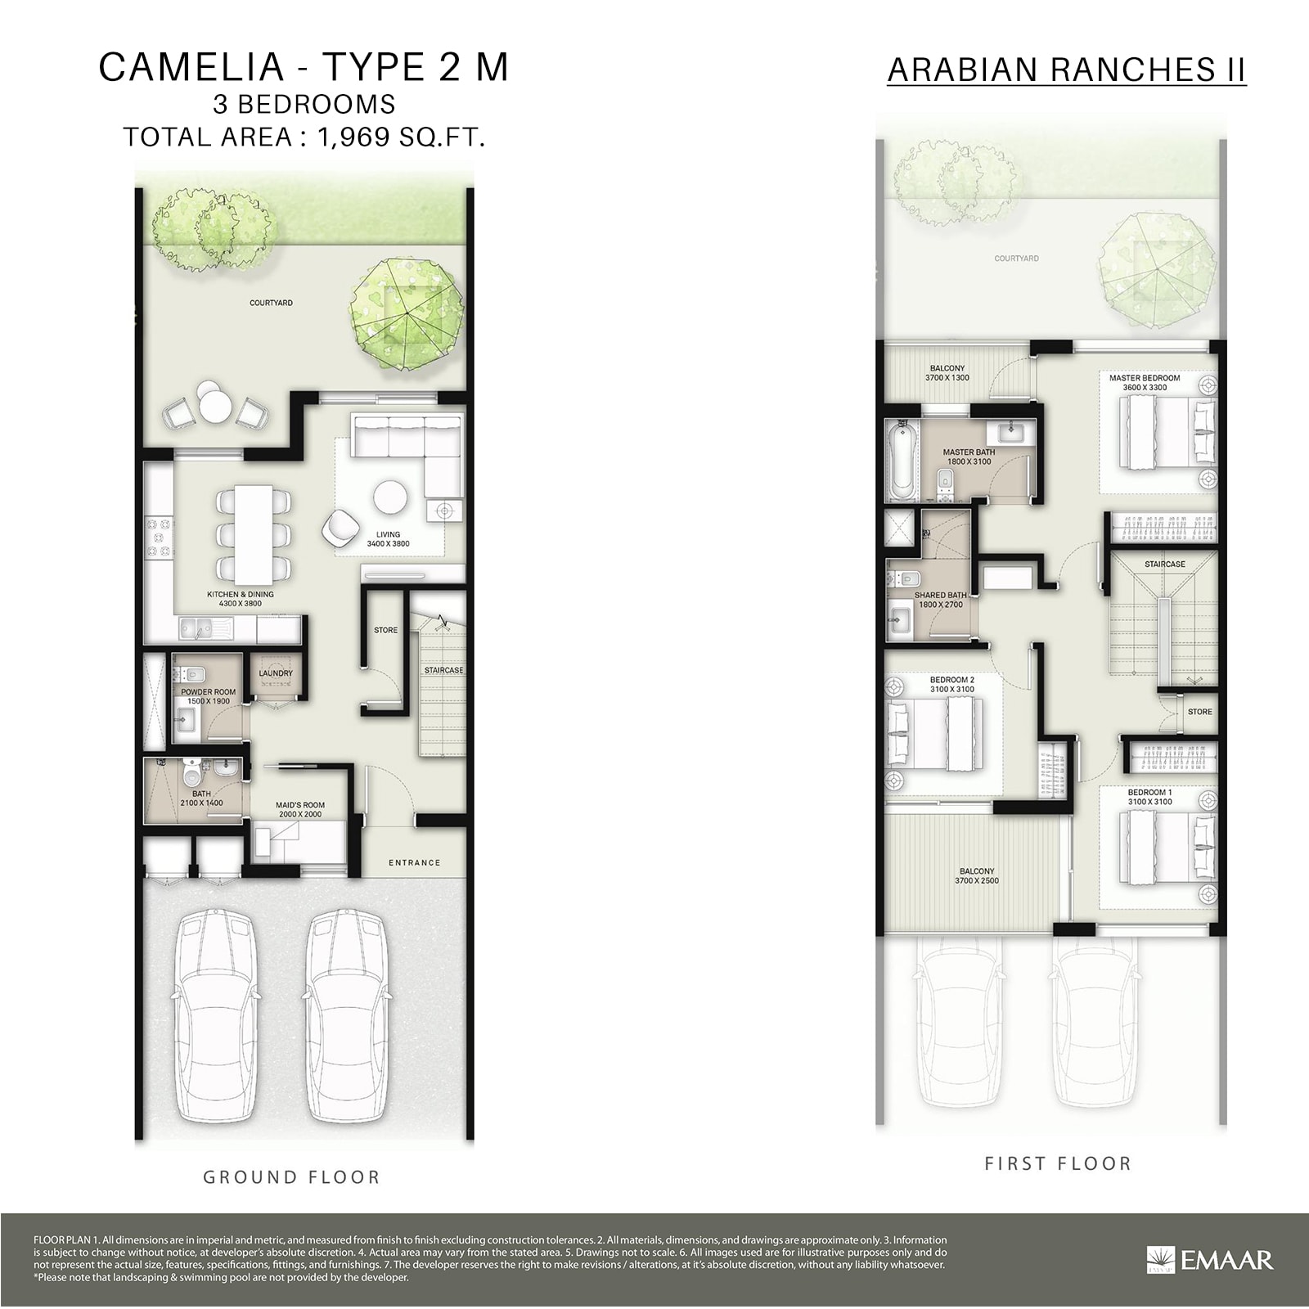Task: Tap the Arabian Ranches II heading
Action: (1066, 70)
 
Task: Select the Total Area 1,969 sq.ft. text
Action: (304, 137)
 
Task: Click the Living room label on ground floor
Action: (388, 539)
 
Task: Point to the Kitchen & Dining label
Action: (241, 599)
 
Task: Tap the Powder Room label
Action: (208, 696)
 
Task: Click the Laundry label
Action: (276, 673)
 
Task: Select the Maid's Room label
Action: (300, 809)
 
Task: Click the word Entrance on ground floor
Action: (414, 862)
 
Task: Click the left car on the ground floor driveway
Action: (217, 1012)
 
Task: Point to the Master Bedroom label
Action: (1145, 382)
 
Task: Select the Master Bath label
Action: (969, 457)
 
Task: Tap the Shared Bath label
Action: (940, 600)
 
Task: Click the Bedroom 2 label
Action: (951, 684)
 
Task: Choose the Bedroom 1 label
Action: (1149, 797)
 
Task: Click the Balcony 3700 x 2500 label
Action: (977, 875)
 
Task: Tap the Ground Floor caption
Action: (292, 1177)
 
